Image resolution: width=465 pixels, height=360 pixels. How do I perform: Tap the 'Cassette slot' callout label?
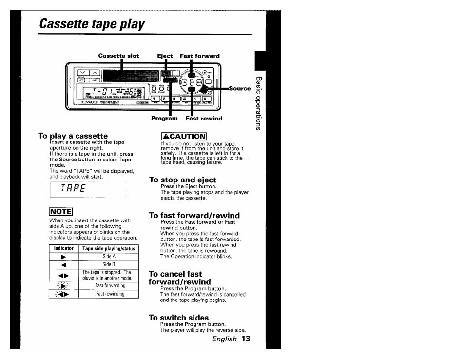coord(118,56)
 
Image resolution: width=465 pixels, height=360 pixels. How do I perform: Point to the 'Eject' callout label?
coord(165,56)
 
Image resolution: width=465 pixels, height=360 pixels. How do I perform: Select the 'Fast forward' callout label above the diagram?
coord(199,56)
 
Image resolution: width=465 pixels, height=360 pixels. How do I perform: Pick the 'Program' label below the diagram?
coord(164,119)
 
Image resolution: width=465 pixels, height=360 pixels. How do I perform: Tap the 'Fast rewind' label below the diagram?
coord(204,119)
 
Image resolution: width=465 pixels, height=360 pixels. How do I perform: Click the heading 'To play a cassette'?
coord(73,136)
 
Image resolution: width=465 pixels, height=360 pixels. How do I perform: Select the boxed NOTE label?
coord(61,212)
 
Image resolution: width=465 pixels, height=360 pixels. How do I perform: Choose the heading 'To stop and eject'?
coord(182,180)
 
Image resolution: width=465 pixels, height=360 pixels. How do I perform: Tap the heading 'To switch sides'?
coord(178,318)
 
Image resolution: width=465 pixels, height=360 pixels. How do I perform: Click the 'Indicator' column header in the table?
coord(64,248)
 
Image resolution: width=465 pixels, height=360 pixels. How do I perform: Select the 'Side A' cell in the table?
coord(109,257)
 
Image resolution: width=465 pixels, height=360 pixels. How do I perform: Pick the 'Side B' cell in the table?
coord(109,264)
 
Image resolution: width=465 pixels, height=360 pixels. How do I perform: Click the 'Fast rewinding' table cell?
coord(110,294)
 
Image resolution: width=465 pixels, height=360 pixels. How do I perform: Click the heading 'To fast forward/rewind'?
coord(194,215)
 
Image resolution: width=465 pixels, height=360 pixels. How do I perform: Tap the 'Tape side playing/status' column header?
coord(109,248)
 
